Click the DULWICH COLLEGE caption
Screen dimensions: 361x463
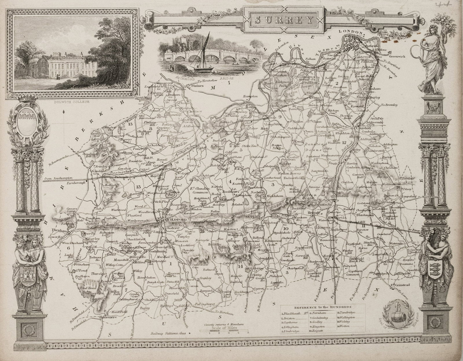[x=71, y=102]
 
